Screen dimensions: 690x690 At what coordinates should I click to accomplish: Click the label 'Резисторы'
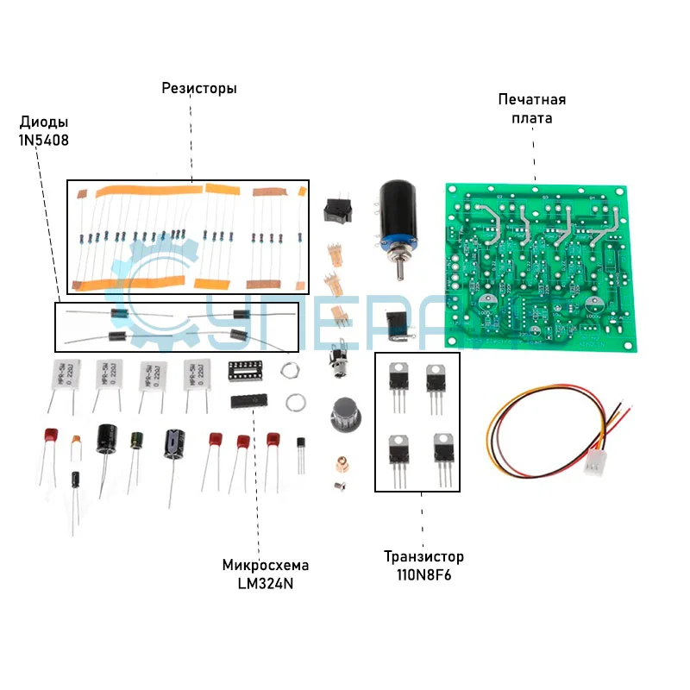[x=199, y=89]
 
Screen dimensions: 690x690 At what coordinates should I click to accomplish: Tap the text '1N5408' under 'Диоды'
[x=44, y=139]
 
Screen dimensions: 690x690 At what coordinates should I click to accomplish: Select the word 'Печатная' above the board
[x=531, y=100]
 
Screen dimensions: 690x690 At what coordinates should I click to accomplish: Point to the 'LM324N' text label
[x=265, y=583]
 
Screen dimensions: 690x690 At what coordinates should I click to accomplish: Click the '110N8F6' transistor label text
[x=423, y=574]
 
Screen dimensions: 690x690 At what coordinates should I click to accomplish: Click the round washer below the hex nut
[x=293, y=401]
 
